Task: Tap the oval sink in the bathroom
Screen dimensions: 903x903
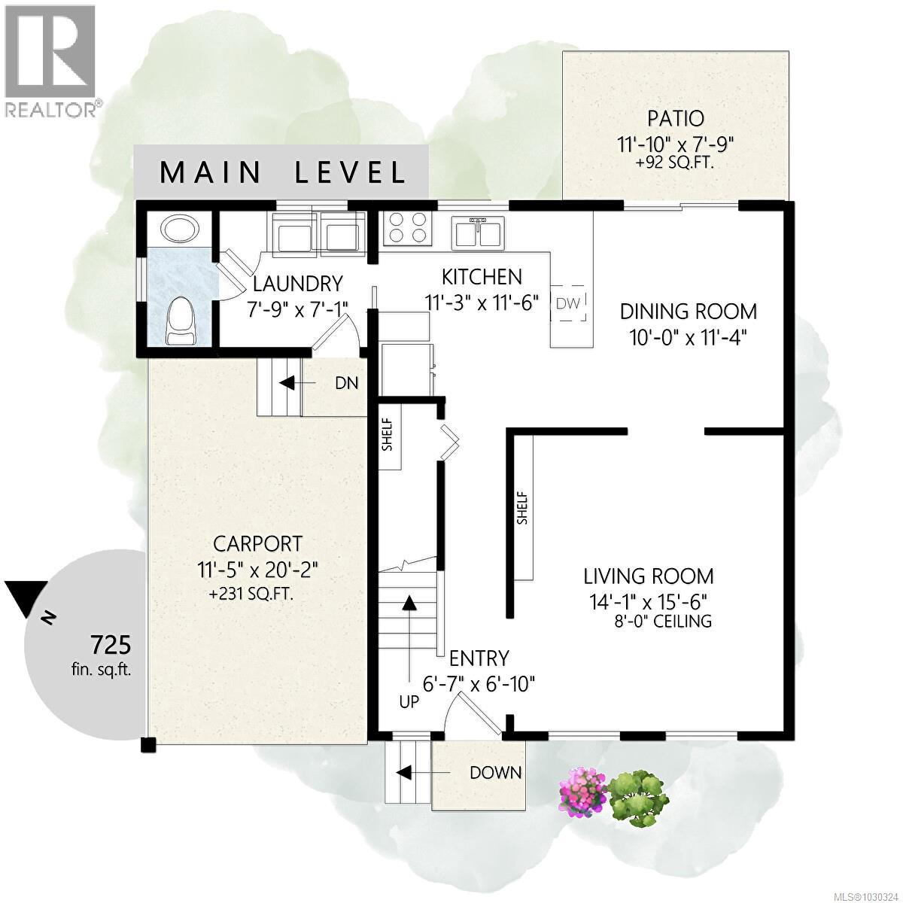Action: pyautogui.click(x=179, y=229)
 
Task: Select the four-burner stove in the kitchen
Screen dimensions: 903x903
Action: pyautogui.click(x=408, y=227)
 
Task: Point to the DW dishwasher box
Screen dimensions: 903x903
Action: pyautogui.click(x=568, y=303)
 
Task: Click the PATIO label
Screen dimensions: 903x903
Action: pyautogui.click(x=675, y=118)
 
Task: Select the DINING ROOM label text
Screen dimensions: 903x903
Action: pyautogui.click(x=688, y=311)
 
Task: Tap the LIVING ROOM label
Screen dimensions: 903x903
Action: pyautogui.click(x=649, y=576)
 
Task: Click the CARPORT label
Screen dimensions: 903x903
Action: pyautogui.click(x=257, y=543)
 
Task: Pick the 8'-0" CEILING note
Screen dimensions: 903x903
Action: pyautogui.click(x=662, y=622)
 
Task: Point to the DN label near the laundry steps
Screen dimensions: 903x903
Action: pyautogui.click(x=346, y=383)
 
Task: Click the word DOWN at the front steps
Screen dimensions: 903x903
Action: pyautogui.click(x=495, y=772)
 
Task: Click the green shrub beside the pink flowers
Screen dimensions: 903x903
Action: pyautogui.click(x=638, y=795)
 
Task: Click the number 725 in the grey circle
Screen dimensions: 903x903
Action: pyautogui.click(x=111, y=645)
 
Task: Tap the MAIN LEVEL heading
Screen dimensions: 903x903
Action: pyautogui.click(x=283, y=172)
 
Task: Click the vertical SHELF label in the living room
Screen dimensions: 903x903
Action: pyautogui.click(x=522, y=508)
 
